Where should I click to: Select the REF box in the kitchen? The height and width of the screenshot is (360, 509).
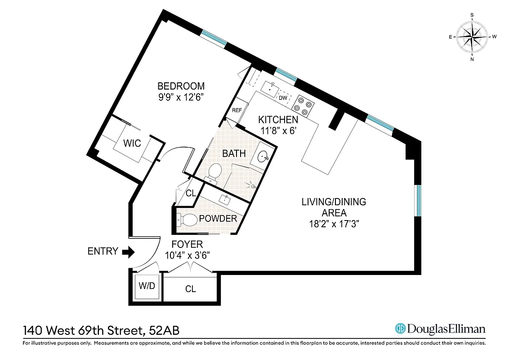237,110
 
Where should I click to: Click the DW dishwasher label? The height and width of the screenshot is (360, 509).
283,98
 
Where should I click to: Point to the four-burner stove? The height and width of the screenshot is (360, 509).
302,106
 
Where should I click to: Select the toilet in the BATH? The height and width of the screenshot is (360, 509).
214,171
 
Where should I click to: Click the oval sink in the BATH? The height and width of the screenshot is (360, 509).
263,156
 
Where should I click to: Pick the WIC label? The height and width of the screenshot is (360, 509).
132,144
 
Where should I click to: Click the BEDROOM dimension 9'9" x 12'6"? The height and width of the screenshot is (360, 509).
181,98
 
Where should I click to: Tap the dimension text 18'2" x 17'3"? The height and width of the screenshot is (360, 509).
334,224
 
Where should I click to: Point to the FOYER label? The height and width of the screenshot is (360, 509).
188,244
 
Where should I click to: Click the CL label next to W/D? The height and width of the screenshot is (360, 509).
191,289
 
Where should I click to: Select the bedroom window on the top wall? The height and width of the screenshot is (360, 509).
214,37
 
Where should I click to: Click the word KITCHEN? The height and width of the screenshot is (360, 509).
278,120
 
